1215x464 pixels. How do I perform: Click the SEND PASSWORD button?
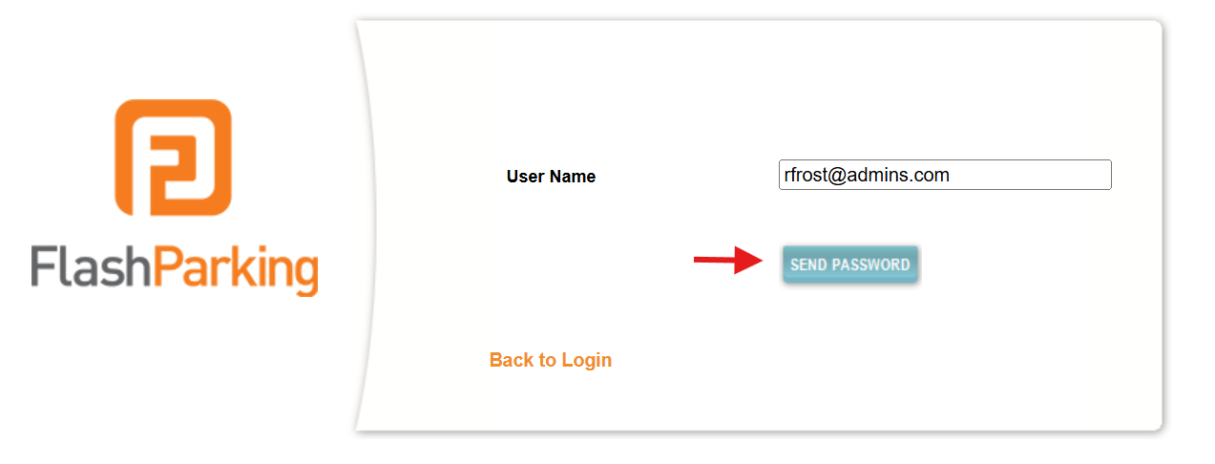pos(849,264)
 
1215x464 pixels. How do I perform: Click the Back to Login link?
pos(550,360)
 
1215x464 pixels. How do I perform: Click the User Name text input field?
pos(945,175)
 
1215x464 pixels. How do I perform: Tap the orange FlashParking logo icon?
pos(174,157)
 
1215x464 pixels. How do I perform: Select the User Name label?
pos(551,177)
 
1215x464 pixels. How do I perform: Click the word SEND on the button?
pos(807,264)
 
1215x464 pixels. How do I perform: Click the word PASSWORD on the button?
pos(869,264)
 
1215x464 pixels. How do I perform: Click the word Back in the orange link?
pos(512,360)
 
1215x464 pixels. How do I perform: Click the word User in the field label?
pos(525,177)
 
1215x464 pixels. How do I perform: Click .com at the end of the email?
pos(931,175)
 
